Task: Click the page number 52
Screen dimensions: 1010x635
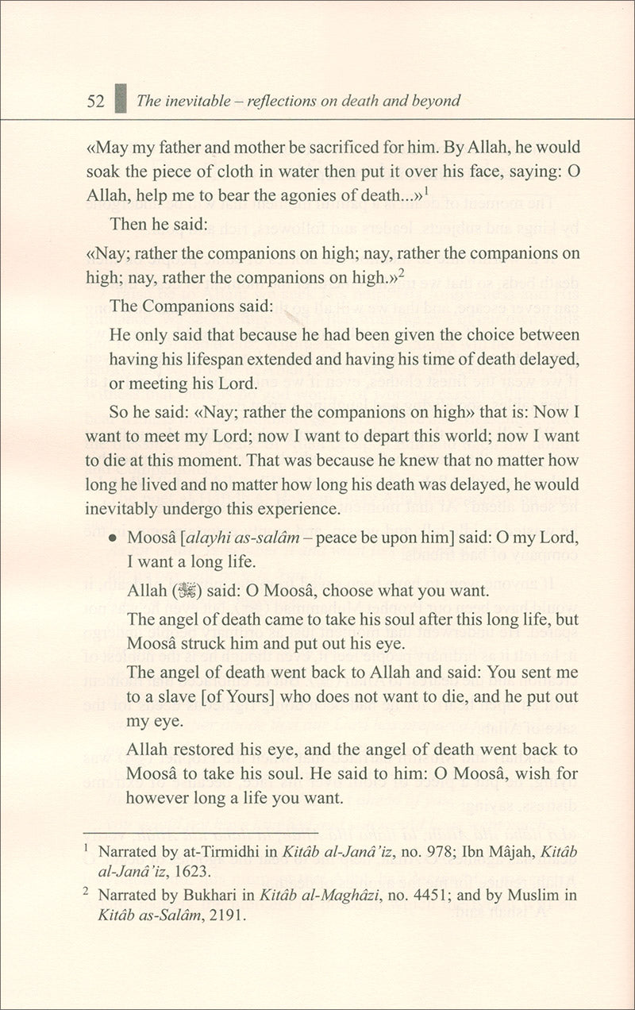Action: click(x=96, y=101)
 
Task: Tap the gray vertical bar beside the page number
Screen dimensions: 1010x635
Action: click(x=120, y=99)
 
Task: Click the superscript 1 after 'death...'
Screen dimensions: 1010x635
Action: click(x=426, y=191)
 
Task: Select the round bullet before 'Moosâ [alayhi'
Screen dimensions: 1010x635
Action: click(x=113, y=538)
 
